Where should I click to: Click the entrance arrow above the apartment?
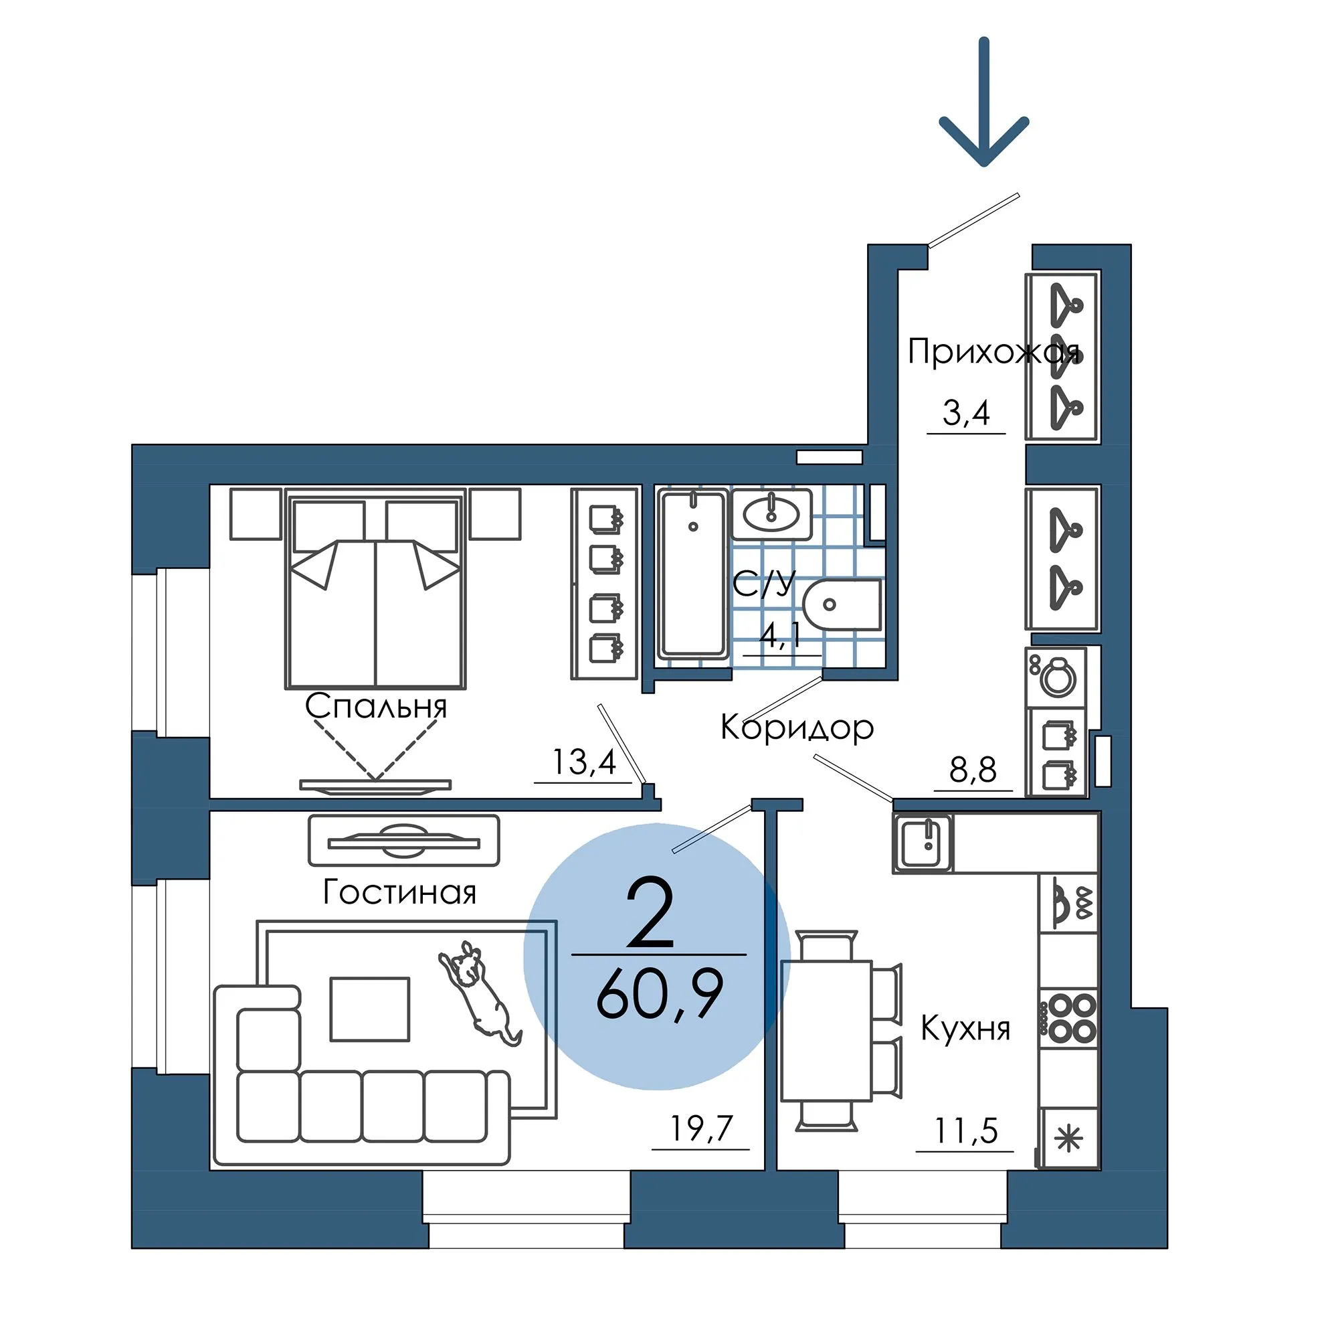[x=983, y=102]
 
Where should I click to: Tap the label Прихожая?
[x=993, y=352]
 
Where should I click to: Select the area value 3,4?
[x=966, y=413]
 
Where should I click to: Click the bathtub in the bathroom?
[x=693, y=573]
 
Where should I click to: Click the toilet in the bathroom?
[x=843, y=604]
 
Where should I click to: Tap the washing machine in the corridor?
[x=1056, y=677]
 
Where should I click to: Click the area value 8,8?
[x=973, y=770]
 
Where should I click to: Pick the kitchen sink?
[x=923, y=843]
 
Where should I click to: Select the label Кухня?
[x=965, y=1029]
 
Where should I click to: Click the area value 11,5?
[x=966, y=1132]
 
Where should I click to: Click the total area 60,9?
[x=660, y=995]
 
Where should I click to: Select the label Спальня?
[x=376, y=706]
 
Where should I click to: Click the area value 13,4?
[x=584, y=763]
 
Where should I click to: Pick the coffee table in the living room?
[x=370, y=1009]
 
